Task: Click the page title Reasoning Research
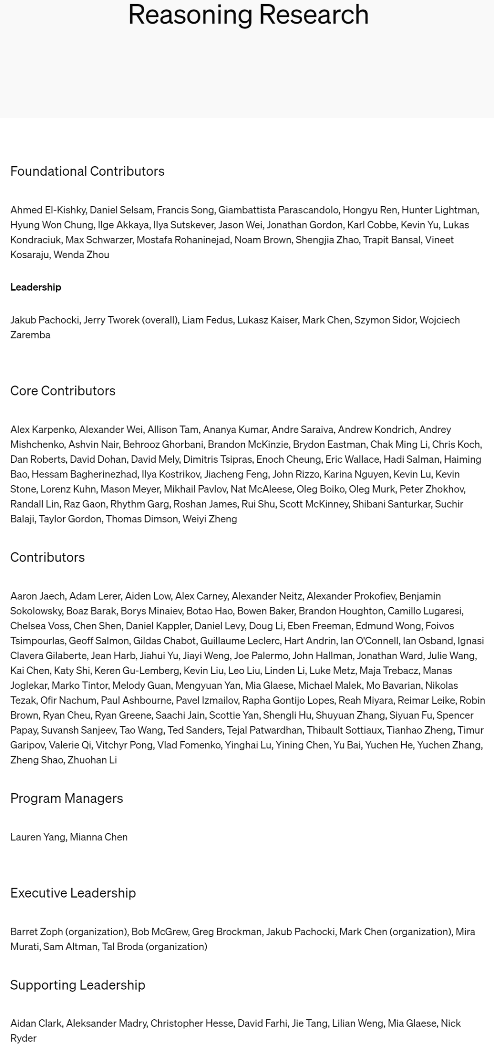tap(248, 15)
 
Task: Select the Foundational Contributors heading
tap(87, 171)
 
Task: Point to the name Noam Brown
tap(263, 240)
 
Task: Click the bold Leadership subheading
tap(36, 287)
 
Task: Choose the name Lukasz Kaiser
tap(267, 320)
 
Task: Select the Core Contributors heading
tap(63, 390)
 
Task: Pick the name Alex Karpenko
tap(43, 429)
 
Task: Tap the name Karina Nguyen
tap(360, 474)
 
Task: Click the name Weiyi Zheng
tap(209, 519)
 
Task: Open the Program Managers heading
tap(67, 798)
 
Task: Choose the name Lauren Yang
tap(38, 837)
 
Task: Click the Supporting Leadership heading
tap(78, 985)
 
